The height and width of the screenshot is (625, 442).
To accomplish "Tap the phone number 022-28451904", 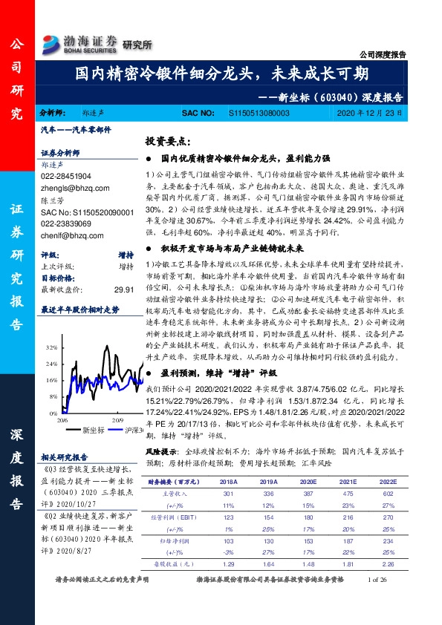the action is [x=66, y=176].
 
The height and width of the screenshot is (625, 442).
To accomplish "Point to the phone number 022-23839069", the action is [x=66, y=220].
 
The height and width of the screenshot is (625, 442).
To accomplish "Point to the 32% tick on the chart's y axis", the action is [x=51, y=347].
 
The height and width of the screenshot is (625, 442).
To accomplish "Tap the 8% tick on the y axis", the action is [x=53, y=396].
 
